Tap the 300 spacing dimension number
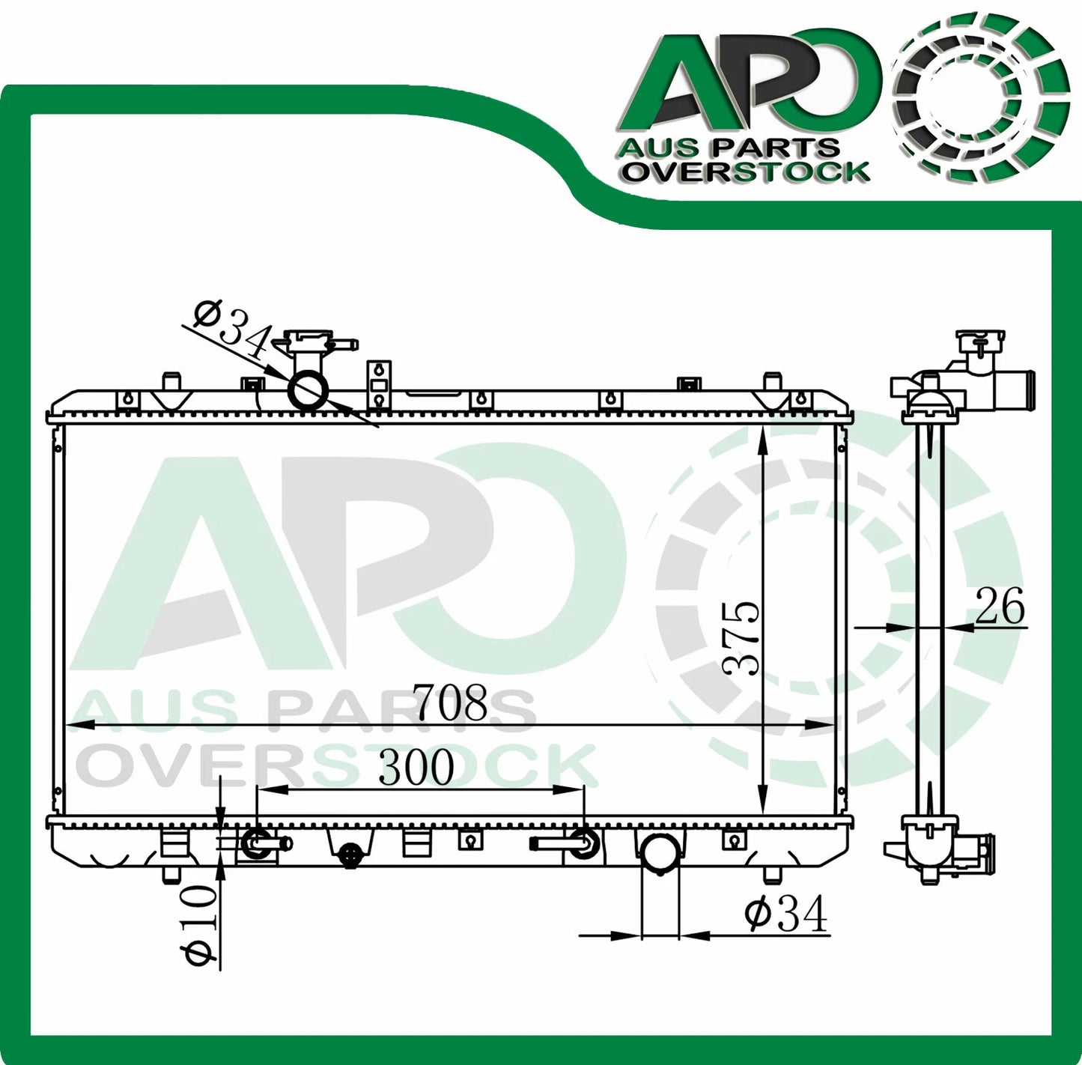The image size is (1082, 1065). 416,767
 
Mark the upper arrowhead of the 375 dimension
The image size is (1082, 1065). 762,438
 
